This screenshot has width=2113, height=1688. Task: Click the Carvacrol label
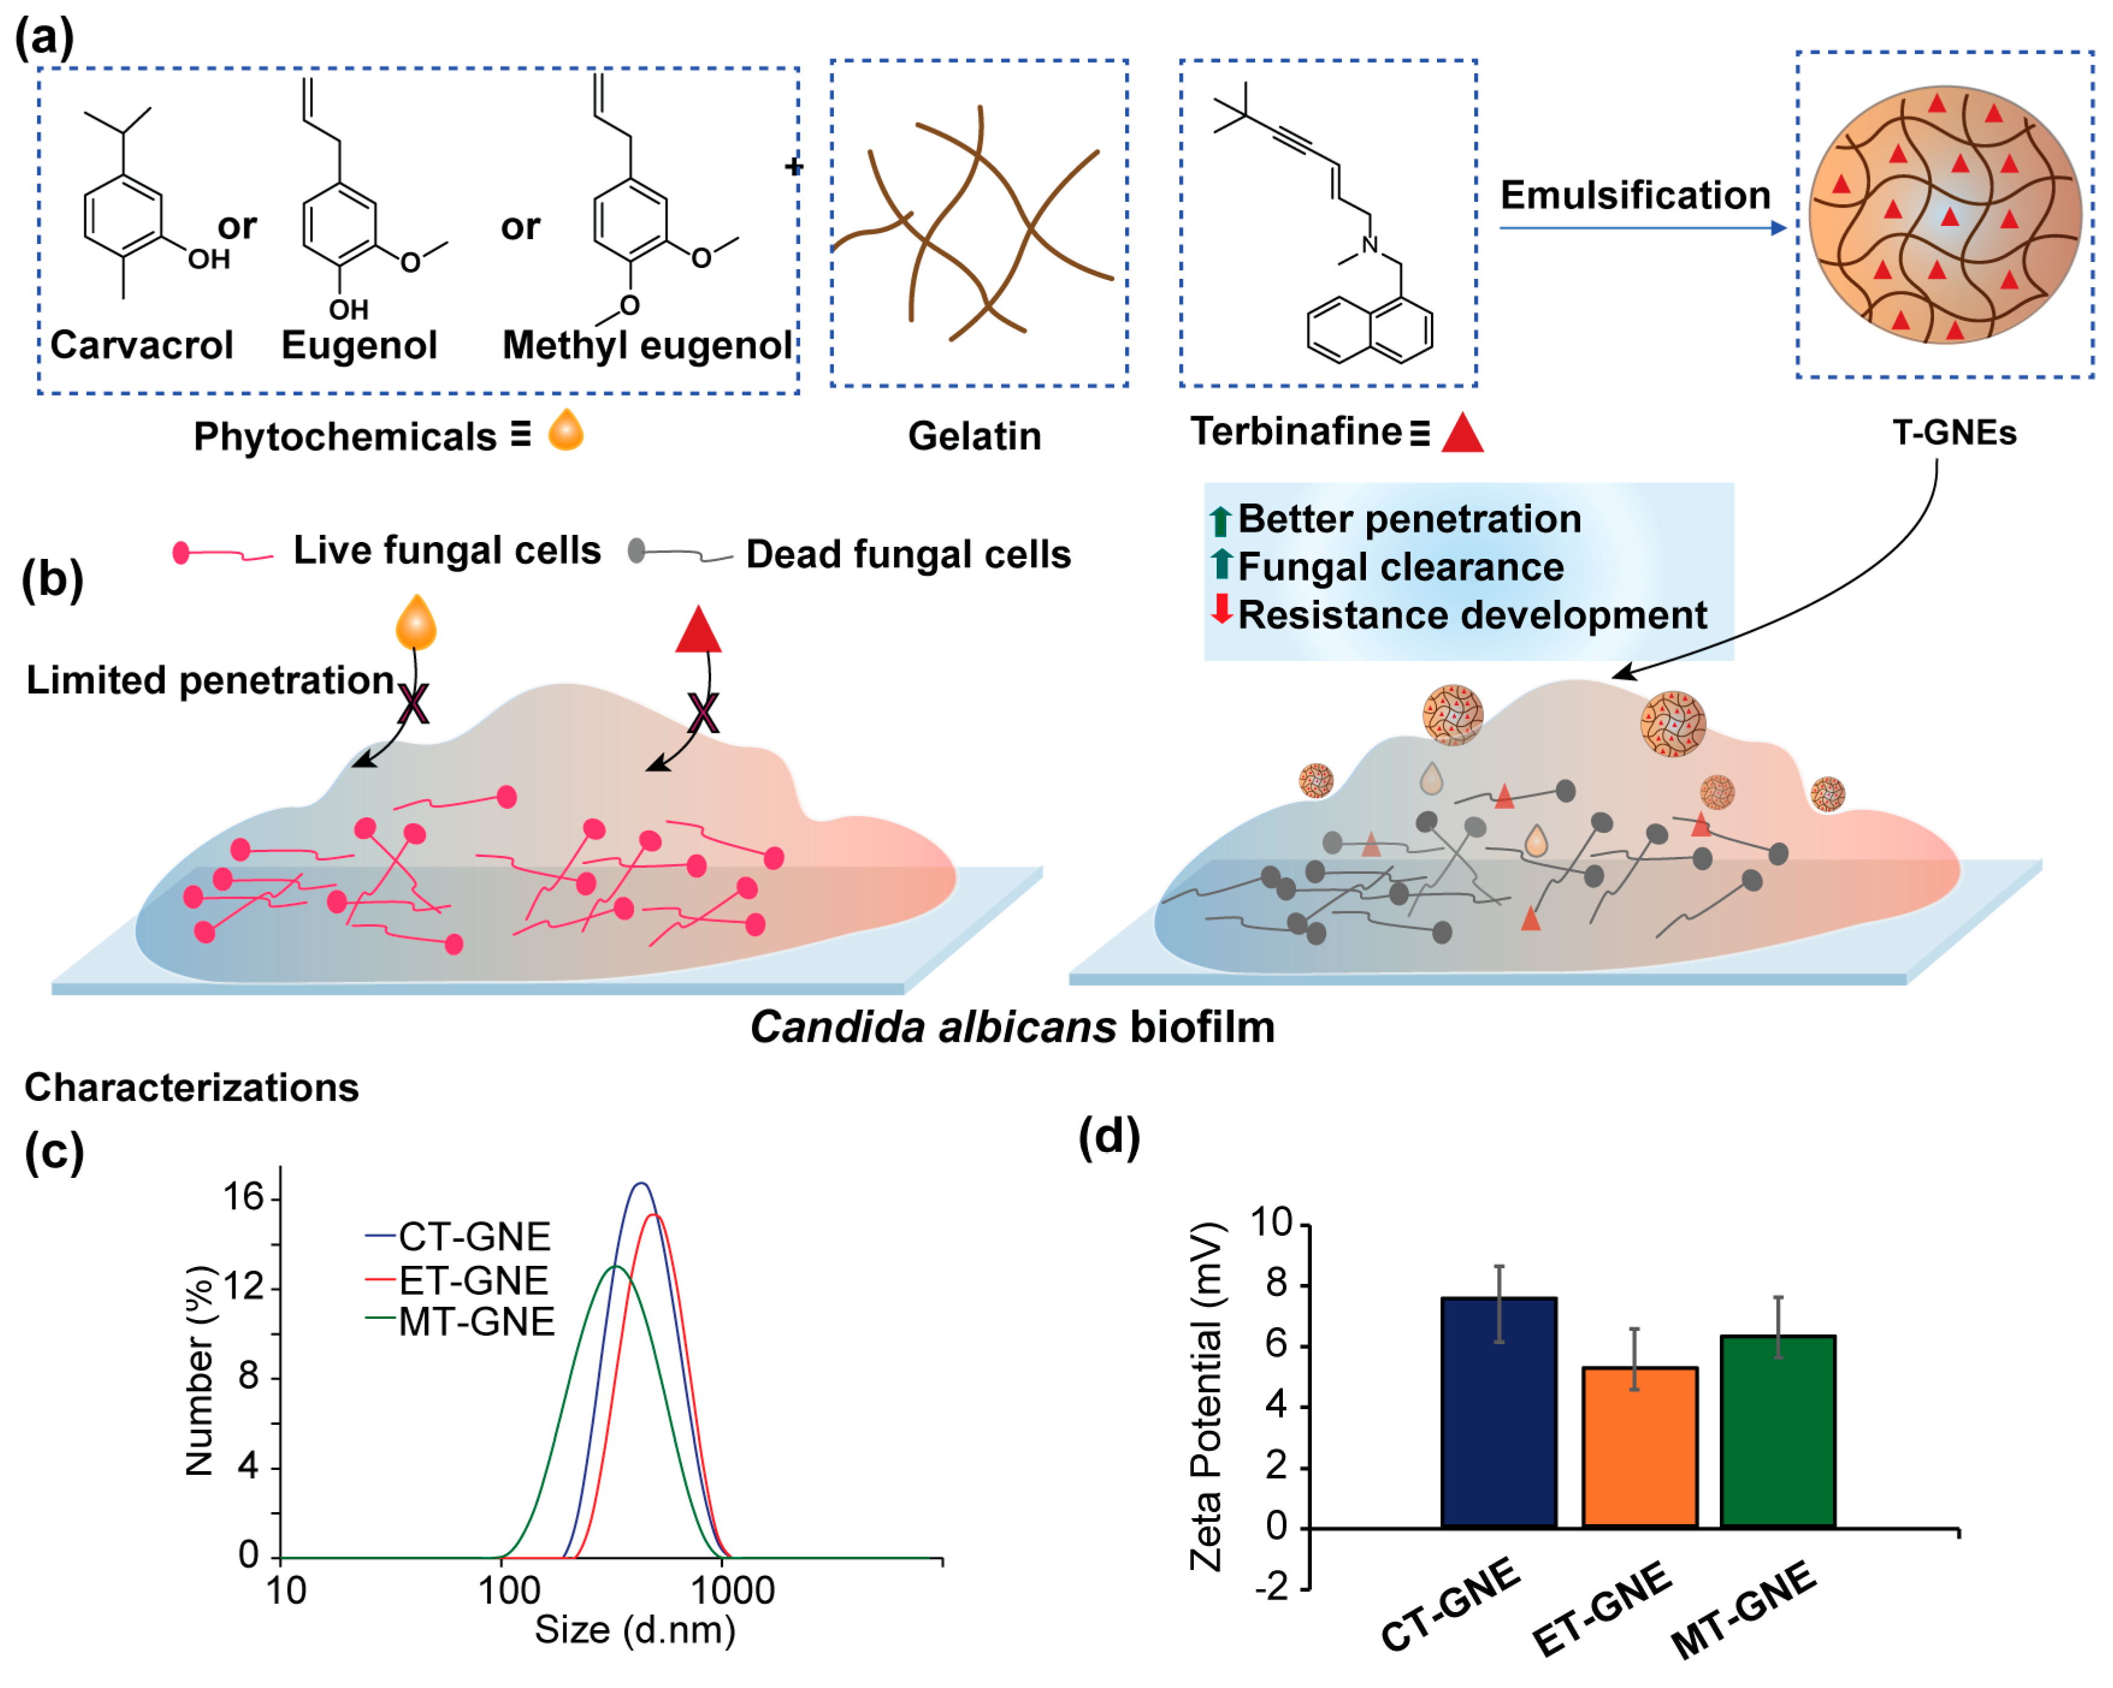(141, 345)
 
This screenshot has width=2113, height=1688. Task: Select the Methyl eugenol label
(647, 345)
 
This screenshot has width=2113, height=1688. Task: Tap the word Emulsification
(1635, 195)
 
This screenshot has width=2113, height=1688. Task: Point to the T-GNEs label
(1953, 432)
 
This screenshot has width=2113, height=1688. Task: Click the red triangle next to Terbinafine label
(1462, 433)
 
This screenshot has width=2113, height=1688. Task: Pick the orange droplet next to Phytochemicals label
(565, 429)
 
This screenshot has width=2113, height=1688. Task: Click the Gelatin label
(974, 436)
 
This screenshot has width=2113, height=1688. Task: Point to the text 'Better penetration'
(1409, 519)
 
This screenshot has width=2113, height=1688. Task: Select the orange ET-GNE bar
(1640, 1447)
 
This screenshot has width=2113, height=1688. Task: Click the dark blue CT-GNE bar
(1498, 1412)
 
